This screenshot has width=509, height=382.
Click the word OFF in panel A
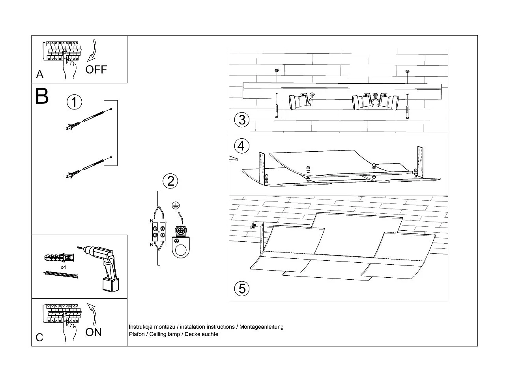pyautogui.click(x=96, y=70)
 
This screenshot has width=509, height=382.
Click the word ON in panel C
pyautogui.click(x=94, y=332)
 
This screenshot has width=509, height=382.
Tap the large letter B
pyautogui.click(x=42, y=96)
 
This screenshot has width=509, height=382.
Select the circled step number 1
pyautogui.click(x=74, y=102)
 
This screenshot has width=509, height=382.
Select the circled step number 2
pyautogui.click(x=170, y=181)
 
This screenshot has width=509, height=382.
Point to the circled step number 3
pyautogui.click(x=242, y=119)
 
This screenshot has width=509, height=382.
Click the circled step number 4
pyautogui.click(x=241, y=146)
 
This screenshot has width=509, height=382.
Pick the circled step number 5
pyautogui.click(x=242, y=288)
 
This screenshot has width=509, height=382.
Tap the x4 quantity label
pyautogui.click(x=63, y=267)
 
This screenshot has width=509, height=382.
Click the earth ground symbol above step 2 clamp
pyautogui.click(x=176, y=205)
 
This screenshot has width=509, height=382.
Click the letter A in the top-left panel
pyautogui.click(x=39, y=74)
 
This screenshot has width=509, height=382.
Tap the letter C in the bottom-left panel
pyautogui.click(x=39, y=337)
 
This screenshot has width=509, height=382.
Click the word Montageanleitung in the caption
pyautogui.click(x=262, y=327)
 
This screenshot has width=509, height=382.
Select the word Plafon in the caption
pyautogui.click(x=136, y=334)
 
